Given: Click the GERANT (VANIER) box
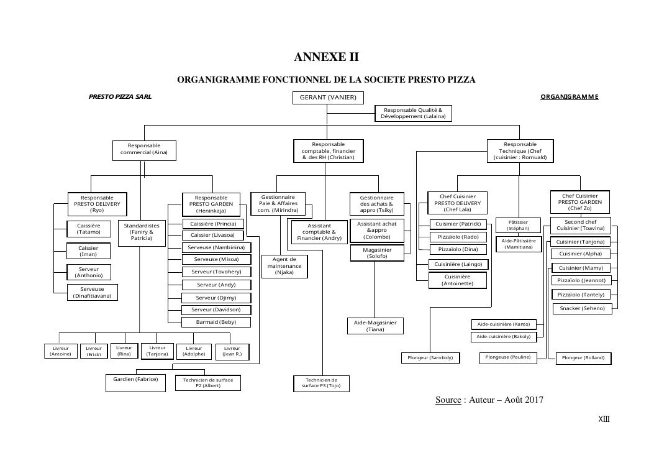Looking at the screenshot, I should [328, 98].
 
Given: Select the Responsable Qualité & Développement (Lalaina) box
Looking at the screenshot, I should [413, 113].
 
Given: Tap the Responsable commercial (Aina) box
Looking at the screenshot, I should [144, 150].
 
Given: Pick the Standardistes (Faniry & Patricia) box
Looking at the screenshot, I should [142, 232].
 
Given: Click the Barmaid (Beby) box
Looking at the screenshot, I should [216, 322].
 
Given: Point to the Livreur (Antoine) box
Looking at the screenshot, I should [61, 351].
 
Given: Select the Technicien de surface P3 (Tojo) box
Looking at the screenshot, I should [321, 383].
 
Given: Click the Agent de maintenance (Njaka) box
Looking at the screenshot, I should [284, 266].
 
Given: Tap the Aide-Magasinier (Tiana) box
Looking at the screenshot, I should [375, 326].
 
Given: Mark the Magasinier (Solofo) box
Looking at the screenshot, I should [376, 252].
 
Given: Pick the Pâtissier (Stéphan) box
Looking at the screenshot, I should [518, 225].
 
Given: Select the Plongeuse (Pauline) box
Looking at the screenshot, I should [507, 357].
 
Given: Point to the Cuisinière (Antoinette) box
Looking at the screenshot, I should [457, 280].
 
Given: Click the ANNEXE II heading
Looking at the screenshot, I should [326, 57].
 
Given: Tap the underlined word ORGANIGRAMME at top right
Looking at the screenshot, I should [569, 97].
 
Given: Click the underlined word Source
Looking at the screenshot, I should [448, 400].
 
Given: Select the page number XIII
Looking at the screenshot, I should [604, 419].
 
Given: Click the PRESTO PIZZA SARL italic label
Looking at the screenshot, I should [120, 97].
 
